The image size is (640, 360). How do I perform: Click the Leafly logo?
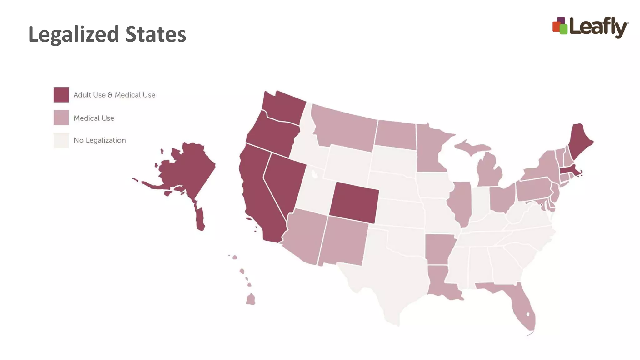click(590, 27)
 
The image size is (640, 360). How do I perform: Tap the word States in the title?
click(156, 34)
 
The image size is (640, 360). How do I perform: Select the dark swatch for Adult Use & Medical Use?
click(61, 95)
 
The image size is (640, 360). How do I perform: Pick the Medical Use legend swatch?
click(61, 117)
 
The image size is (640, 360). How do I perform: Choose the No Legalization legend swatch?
click(61, 140)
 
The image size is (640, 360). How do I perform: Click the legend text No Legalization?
click(100, 140)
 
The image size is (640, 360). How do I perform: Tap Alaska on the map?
click(184, 169)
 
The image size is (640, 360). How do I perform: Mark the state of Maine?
click(580, 141)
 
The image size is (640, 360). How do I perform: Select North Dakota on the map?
click(395, 135)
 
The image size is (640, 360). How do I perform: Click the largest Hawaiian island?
click(251, 299)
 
